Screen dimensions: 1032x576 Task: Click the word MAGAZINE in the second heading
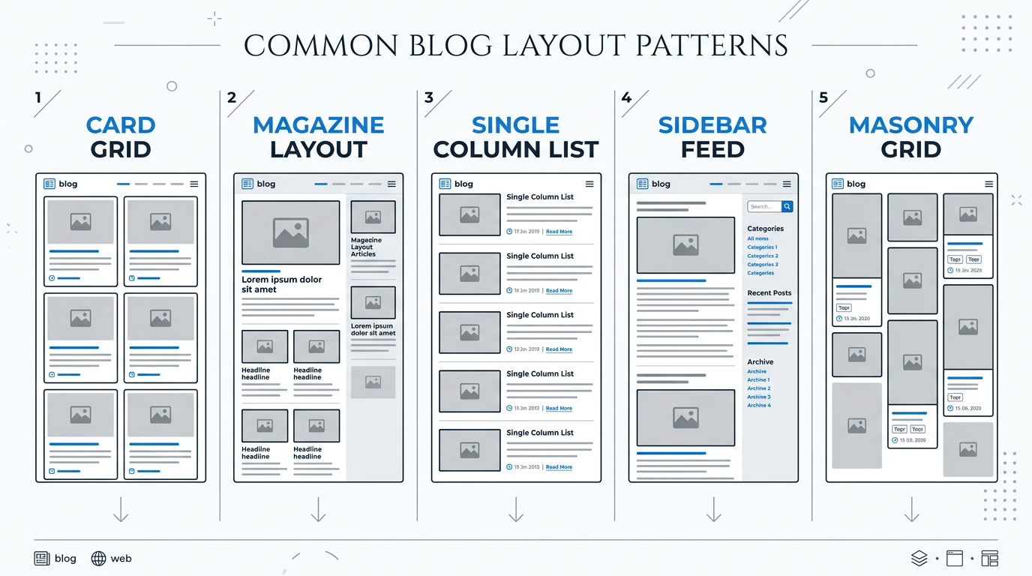click(318, 125)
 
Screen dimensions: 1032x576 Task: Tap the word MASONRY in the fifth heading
click(910, 125)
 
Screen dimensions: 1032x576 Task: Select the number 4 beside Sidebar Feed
click(626, 97)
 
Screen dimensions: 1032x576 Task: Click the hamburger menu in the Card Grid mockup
click(194, 184)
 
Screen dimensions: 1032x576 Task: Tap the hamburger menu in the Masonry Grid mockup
click(989, 184)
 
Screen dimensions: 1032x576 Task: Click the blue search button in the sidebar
click(787, 206)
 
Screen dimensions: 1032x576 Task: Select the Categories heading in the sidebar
click(765, 229)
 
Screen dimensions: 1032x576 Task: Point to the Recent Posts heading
click(769, 293)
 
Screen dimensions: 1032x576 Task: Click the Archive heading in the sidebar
click(760, 361)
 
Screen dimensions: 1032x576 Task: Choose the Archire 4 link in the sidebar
click(758, 406)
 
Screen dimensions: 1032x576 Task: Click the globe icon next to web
click(98, 558)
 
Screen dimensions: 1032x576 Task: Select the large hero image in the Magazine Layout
click(290, 232)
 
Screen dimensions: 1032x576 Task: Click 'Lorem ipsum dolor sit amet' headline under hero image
click(281, 284)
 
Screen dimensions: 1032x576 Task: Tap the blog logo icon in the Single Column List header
click(445, 184)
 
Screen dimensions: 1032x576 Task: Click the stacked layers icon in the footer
click(919, 558)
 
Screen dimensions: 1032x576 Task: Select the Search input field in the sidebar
click(763, 206)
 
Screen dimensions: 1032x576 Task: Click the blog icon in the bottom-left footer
click(42, 558)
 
